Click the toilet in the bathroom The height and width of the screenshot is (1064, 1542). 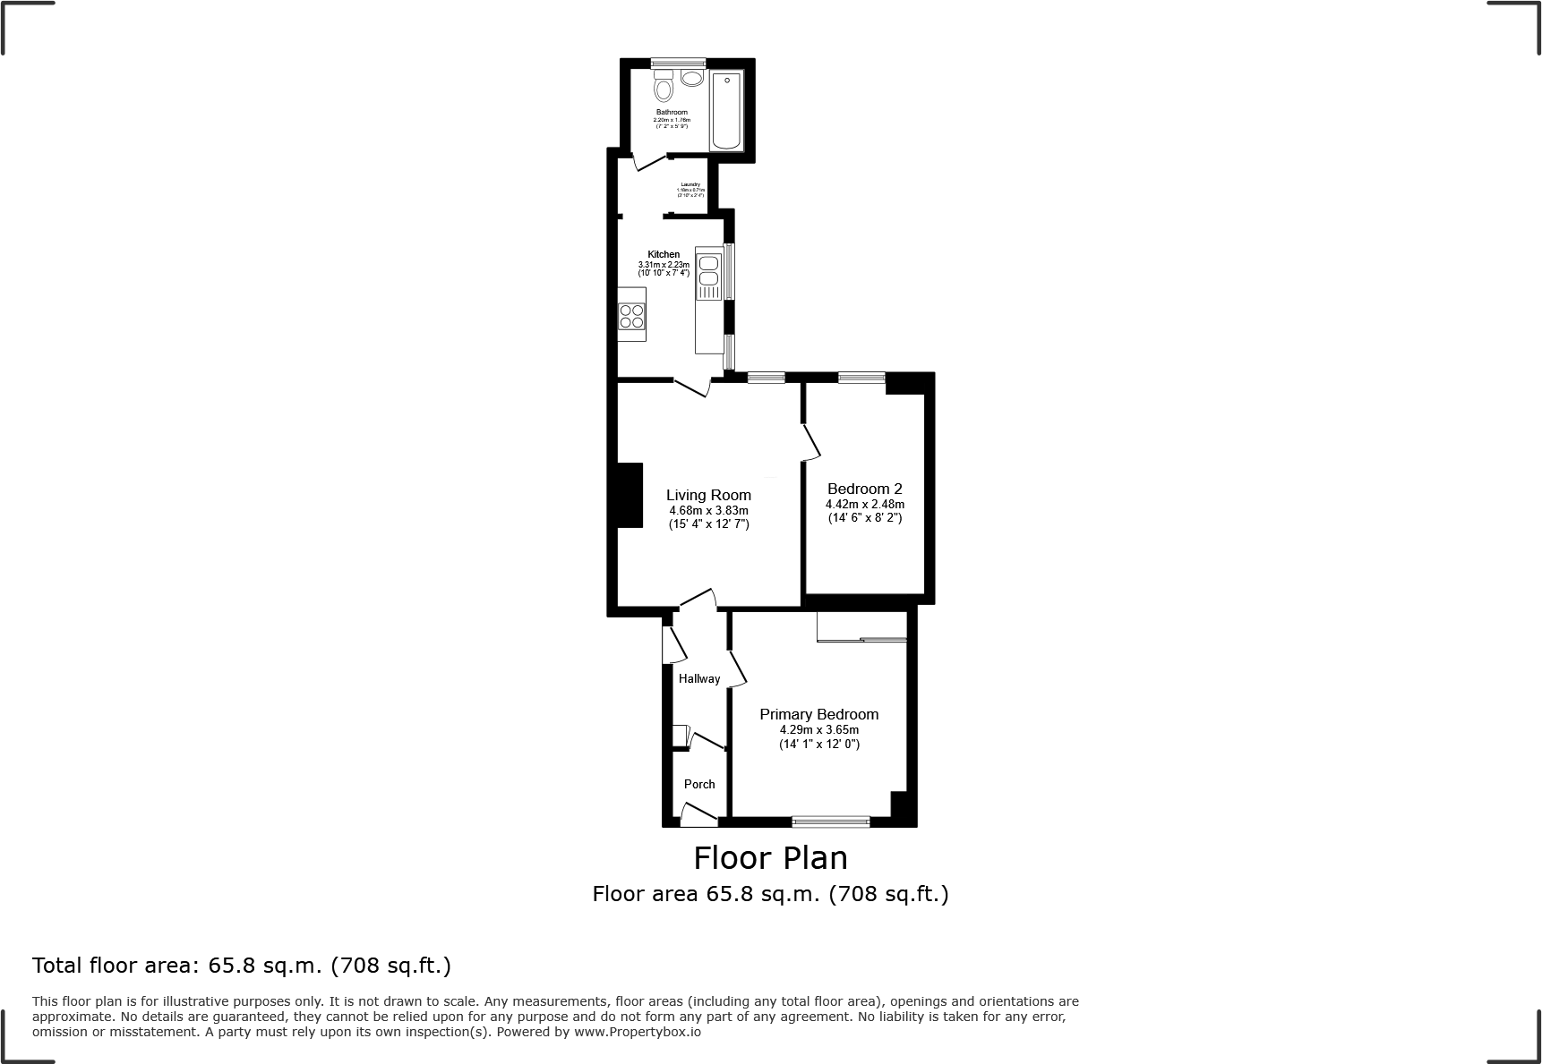coord(664,88)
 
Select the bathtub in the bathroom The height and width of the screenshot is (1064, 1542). coord(726,111)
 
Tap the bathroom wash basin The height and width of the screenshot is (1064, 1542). coord(692,78)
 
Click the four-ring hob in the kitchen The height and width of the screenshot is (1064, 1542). coord(631,317)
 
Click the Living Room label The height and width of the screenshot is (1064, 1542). coord(708,495)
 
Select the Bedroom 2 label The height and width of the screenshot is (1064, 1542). coord(864,489)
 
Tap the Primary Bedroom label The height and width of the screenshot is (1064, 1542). coord(818,714)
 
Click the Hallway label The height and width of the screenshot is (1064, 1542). coord(698,678)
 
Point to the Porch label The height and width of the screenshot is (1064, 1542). coord(699,784)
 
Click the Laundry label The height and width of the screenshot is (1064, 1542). coord(690,184)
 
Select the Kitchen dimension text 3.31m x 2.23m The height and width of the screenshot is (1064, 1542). coord(664,265)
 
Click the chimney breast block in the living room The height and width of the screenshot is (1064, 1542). coord(630,495)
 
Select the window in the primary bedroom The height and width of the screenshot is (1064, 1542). coord(831,821)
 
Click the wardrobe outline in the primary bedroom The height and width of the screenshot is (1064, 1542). coord(861,626)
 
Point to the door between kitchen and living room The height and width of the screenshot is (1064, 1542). coord(692,387)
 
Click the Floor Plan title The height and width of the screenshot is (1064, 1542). coord(770,858)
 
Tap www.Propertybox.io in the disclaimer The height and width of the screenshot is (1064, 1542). coord(637,1032)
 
